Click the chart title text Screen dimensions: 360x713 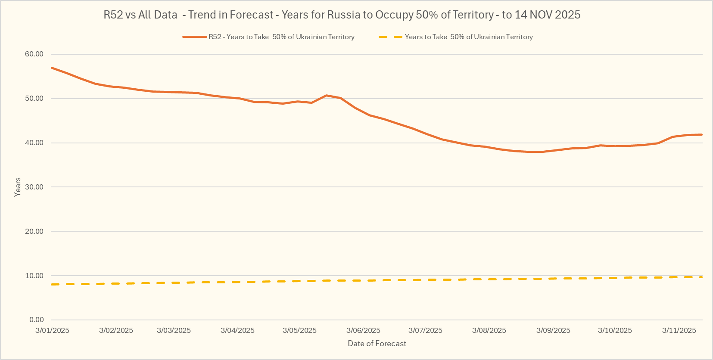click(342, 15)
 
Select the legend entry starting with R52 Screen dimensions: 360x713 click(281, 37)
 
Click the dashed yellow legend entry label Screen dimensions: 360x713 click(469, 37)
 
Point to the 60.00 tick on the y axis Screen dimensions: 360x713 click(34, 54)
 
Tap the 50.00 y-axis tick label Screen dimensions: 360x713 click(34, 99)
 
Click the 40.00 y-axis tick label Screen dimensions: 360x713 click(34, 143)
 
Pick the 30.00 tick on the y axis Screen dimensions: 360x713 click(34, 187)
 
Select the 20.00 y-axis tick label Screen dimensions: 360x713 click(34, 232)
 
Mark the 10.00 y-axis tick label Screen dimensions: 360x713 click(34, 276)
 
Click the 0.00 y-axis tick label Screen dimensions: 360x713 click(37, 320)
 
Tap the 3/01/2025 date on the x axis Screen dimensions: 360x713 click(52, 331)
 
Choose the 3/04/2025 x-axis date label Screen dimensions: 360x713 click(237, 331)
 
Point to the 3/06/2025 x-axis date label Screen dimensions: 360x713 click(363, 331)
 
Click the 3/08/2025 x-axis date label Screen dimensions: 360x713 click(489, 331)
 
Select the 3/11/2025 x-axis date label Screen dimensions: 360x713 click(679, 331)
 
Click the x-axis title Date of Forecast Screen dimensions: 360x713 click(377, 344)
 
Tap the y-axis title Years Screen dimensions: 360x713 click(18, 187)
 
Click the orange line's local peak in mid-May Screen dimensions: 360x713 click(326, 95)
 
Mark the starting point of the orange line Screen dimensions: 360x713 click(52, 68)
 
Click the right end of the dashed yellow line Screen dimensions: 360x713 click(701, 277)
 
